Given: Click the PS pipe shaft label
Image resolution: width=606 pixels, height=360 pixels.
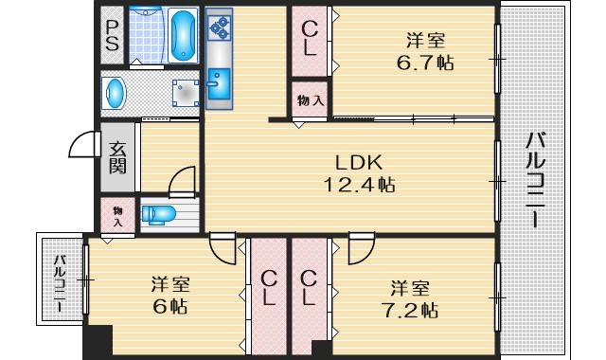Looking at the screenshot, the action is [112, 36].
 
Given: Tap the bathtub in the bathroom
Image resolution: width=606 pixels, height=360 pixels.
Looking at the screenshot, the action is [184, 36].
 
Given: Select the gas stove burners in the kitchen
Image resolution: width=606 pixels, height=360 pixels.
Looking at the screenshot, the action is [219, 27].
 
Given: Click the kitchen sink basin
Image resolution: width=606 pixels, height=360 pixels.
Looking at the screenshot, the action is [219, 84].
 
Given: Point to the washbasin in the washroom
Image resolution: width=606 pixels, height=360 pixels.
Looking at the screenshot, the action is [115, 93].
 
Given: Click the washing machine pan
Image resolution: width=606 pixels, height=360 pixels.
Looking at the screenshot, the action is [186, 93].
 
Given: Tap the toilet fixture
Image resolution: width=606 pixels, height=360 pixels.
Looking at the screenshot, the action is [158, 215].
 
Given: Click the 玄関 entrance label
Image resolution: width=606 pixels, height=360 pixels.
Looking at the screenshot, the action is [117, 158].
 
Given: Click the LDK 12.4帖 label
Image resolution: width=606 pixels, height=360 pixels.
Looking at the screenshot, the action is [360, 173].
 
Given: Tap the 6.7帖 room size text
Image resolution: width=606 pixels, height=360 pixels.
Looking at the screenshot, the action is [425, 63].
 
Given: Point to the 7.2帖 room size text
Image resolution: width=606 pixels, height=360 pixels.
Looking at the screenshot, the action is [410, 310].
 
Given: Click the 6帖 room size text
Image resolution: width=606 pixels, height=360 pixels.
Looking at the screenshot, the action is [170, 307].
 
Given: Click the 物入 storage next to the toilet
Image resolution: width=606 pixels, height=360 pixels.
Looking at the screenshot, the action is [117, 216].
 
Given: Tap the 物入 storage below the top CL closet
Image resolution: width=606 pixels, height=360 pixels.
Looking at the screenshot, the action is [310, 100].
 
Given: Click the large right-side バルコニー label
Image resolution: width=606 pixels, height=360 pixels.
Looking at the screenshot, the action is [536, 180].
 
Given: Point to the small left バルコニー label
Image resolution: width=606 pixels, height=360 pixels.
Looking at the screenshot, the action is [60, 282].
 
